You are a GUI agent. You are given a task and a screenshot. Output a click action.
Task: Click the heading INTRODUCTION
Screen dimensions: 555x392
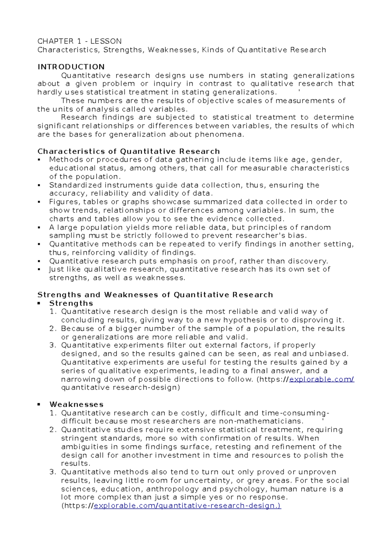click(x=71, y=67)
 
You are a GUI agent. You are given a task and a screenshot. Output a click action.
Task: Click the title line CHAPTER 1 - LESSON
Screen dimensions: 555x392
click(x=79, y=41)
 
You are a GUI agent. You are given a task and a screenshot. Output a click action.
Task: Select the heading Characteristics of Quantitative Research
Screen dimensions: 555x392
click(x=128, y=151)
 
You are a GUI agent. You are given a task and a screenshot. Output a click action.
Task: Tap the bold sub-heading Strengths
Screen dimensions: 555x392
click(x=71, y=303)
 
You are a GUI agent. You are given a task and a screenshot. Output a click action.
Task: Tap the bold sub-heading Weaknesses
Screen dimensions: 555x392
click(x=76, y=405)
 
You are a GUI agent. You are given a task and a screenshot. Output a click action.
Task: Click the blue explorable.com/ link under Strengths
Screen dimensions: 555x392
click(x=322, y=379)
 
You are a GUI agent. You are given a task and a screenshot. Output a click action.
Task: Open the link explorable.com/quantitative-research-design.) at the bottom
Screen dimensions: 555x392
click(x=187, y=506)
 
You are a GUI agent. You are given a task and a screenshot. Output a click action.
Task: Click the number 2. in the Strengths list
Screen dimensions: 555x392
click(x=53, y=329)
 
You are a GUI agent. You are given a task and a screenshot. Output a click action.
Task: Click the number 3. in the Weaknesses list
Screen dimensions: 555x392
click(x=53, y=472)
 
